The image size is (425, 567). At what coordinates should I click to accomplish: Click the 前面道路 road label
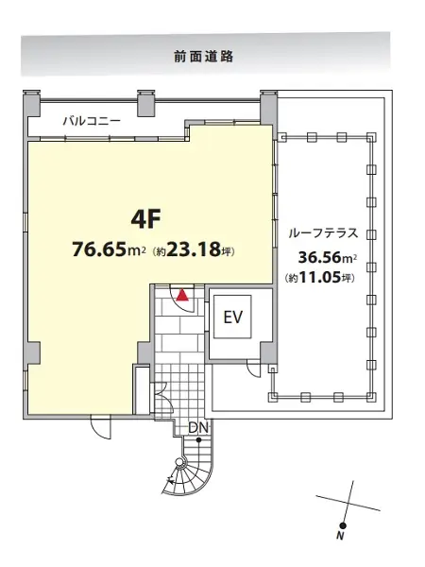[x=204, y=57]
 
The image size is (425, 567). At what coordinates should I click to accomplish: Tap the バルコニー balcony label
[x=92, y=121]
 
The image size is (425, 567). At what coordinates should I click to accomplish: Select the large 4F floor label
[x=145, y=219]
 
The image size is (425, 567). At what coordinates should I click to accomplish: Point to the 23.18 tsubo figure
[x=194, y=249]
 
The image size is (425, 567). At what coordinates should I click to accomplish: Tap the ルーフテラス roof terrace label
[x=323, y=233]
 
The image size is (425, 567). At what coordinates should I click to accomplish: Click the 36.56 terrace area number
[x=320, y=257]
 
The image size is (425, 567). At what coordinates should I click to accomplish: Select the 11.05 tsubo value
[x=320, y=278]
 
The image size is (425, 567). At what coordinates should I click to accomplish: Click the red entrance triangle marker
[x=182, y=296]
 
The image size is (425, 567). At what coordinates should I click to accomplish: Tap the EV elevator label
[x=232, y=318]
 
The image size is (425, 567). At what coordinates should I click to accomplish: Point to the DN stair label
[x=198, y=428]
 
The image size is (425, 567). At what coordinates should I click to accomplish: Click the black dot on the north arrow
[x=343, y=525]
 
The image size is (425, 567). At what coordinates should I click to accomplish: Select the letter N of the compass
[x=339, y=536]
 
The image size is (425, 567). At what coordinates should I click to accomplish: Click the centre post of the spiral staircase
[x=179, y=462]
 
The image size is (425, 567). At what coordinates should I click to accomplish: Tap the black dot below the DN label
[x=198, y=440]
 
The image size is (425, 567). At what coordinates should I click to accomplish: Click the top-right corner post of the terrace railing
[x=371, y=138]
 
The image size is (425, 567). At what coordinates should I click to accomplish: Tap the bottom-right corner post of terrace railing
[x=371, y=397]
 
